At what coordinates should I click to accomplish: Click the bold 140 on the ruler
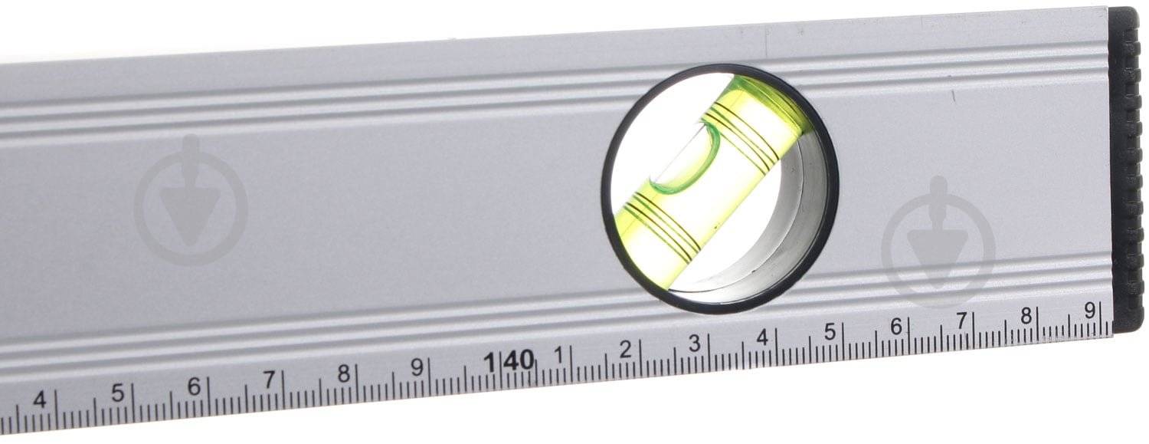coord(509,361)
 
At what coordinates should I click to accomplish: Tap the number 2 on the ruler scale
coord(625,350)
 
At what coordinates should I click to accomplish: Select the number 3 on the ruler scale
coord(695,344)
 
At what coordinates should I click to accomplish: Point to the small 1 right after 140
coord(559,355)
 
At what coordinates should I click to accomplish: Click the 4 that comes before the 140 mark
coord(40,400)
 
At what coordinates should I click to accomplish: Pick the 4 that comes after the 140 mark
coord(763,337)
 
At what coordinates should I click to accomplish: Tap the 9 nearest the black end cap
coord(1089,310)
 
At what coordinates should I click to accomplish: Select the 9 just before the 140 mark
coord(417,367)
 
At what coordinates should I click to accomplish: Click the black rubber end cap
coord(1127,169)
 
